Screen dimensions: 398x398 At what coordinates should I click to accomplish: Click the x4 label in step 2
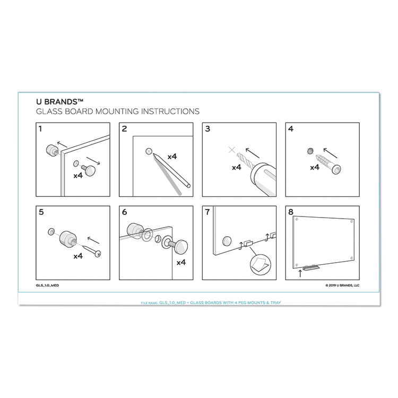click(172, 157)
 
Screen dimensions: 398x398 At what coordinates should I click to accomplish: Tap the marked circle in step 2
click(149, 151)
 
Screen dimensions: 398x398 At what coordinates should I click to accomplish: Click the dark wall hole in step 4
click(309, 152)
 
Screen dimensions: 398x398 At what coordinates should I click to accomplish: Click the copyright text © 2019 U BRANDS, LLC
click(342, 285)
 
